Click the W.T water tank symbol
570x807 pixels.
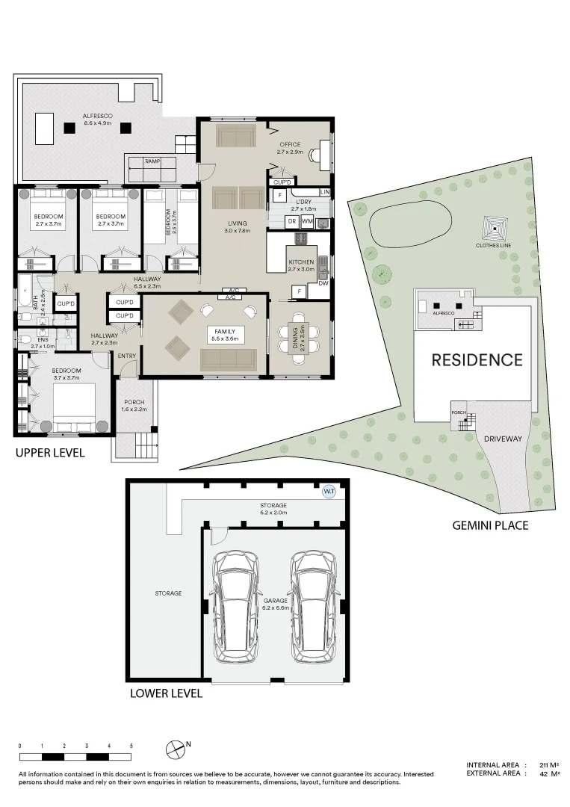click(329, 492)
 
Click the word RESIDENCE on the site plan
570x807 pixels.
click(477, 360)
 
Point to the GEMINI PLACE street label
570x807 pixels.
click(490, 525)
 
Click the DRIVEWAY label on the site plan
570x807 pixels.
click(502, 439)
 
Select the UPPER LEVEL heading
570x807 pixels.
click(50, 453)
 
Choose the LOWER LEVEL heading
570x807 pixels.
click(166, 693)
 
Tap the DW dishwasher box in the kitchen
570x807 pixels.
click(323, 283)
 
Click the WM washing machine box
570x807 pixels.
click(307, 222)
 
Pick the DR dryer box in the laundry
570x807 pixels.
click(292, 222)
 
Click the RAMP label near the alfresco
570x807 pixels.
click(152, 161)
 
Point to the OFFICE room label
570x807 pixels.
click(290, 144)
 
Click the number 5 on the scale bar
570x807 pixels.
click(131, 746)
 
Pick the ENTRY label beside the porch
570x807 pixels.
click(127, 356)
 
